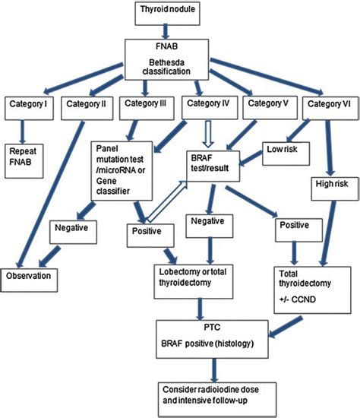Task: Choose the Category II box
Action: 86,104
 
